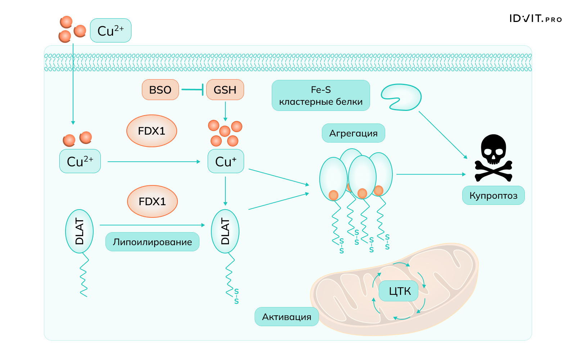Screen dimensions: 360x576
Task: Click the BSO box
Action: [x=160, y=90]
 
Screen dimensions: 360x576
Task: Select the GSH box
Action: [x=225, y=90]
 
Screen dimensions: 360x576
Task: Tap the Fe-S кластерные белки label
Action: [x=321, y=95]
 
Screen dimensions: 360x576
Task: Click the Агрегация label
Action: [x=353, y=133]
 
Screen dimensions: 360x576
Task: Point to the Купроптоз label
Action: [x=493, y=195]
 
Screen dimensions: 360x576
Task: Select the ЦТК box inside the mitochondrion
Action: [x=399, y=291]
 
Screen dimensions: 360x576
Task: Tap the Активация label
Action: [x=287, y=317]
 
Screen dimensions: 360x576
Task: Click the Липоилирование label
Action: [x=152, y=242]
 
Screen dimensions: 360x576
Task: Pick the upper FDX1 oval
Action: [x=152, y=131]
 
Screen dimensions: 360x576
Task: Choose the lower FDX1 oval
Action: [x=152, y=202]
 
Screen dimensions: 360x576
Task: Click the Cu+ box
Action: [x=226, y=161]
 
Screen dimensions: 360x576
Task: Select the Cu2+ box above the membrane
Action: [x=111, y=31]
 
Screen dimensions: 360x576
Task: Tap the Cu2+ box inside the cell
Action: [x=80, y=161]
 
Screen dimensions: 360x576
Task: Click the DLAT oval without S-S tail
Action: [x=79, y=231]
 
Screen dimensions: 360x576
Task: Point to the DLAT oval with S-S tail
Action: [x=225, y=231]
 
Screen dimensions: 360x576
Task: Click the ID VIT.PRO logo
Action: [x=535, y=19]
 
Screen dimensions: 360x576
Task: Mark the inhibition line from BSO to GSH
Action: [x=193, y=90]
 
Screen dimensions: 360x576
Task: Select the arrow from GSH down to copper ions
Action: [x=225, y=111]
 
